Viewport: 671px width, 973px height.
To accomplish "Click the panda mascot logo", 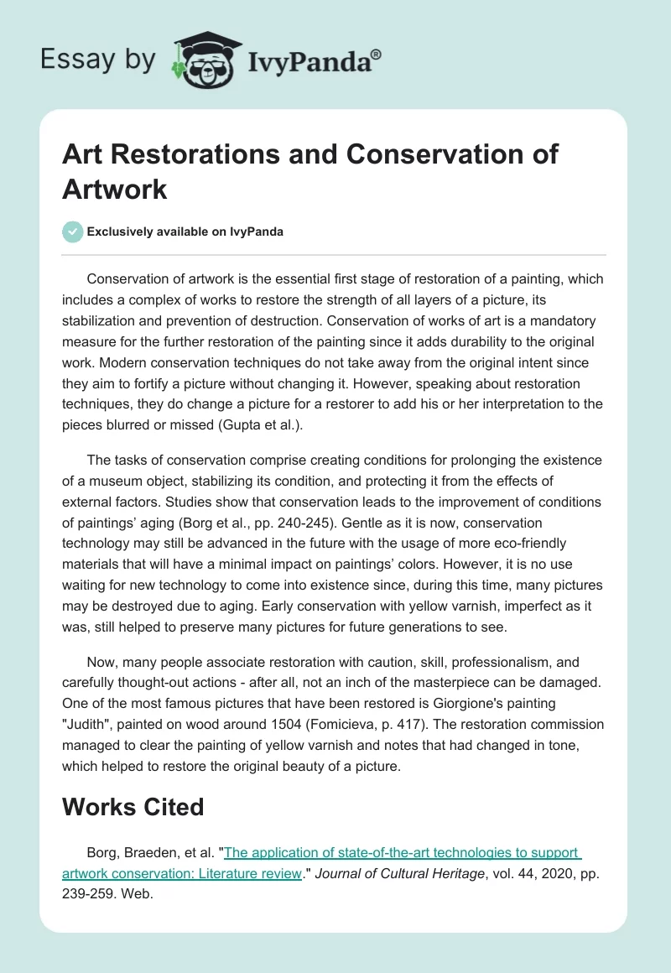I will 206,60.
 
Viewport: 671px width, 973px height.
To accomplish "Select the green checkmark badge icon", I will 73,232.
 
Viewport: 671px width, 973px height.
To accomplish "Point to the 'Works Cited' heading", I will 133,807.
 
